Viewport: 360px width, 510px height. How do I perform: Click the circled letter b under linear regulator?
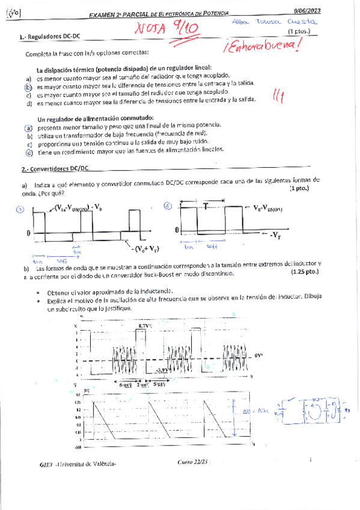(28, 87)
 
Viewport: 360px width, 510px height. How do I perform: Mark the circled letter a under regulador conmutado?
(28, 128)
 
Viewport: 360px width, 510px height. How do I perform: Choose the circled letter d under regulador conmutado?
(28, 152)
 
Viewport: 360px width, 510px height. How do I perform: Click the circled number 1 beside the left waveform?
(20, 209)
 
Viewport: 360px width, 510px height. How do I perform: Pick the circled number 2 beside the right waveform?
(167, 206)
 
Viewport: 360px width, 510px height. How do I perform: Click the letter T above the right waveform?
(206, 206)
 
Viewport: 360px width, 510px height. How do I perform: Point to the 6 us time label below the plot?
(125, 384)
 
